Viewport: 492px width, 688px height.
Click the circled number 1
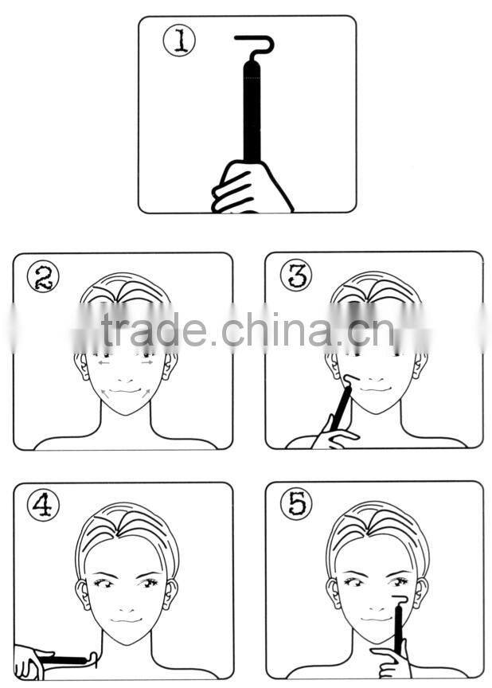pyautogui.click(x=179, y=41)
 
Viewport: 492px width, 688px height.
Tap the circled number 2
pyautogui.click(x=43, y=276)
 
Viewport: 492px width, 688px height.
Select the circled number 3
pyautogui.click(x=296, y=275)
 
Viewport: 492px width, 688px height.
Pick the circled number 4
pyautogui.click(x=43, y=506)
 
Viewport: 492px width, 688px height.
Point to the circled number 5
pyautogui.click(x=296, y=505)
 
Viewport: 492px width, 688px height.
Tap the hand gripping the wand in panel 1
pyautogui.click(x=250, y=187)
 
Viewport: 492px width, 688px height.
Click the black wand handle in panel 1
pyautogui.click(x=252, y=112)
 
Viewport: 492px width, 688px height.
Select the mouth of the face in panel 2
pyautogui.click(x=125, y=390)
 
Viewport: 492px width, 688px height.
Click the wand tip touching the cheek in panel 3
pyautogui.click(x=351, y=380)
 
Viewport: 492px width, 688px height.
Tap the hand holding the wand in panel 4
pyautogui.click(x=32, y=662)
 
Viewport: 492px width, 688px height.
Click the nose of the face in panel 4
pyautogui.click(x=126, y=609)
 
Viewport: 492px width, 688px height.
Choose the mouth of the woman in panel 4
pyautogui.click(x=126, y=620)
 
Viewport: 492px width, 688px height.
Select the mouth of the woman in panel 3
pyautogui.click(x=375, y=389)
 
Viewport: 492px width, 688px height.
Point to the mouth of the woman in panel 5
pyautogui.click(x=377, y=619)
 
